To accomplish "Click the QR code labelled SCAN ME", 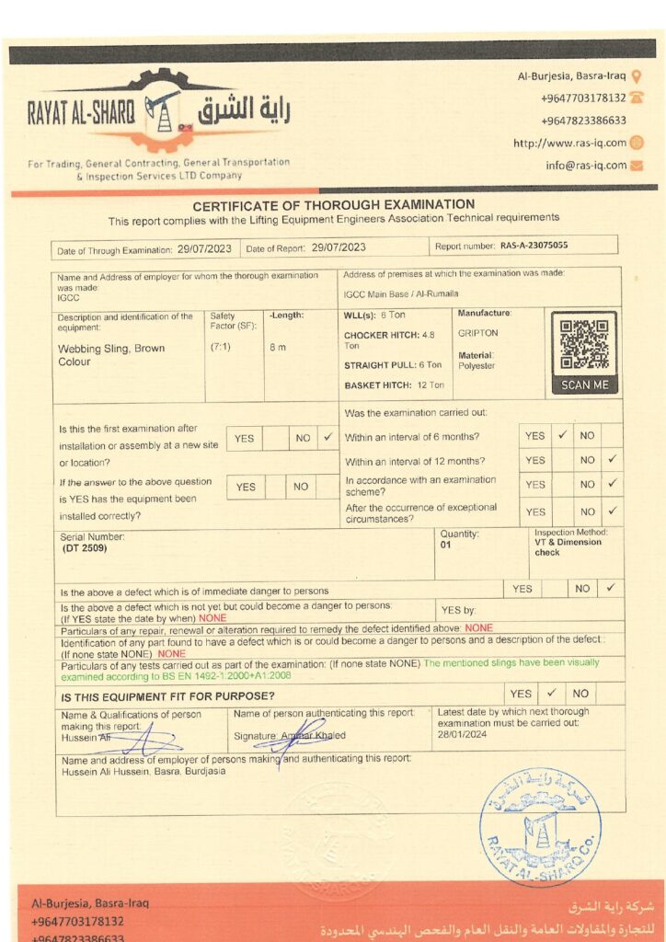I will coord(584,345).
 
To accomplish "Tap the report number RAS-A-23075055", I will coord(534,247).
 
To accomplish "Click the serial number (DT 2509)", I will coord(84,548).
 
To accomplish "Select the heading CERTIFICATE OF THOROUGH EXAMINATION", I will coord(333,204).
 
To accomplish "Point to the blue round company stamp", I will coord(540,825).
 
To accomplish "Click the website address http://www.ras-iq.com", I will coord(569,143).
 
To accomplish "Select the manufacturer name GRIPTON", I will coord(477,333).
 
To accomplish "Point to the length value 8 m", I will coord(278,347).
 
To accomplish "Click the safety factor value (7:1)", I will coord(221,347).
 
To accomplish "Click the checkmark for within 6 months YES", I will coord(562,436).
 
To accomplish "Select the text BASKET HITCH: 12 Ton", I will coord(394,385).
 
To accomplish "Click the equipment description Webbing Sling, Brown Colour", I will coord(99,355).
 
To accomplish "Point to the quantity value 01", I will coord(446,545).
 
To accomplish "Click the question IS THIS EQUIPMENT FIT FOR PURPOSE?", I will coord(167,696).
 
